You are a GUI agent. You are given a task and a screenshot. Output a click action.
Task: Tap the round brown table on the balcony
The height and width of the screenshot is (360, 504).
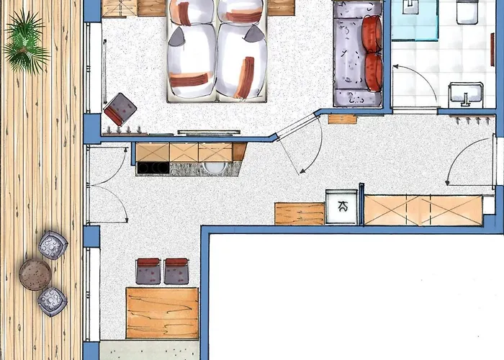pos(35,274)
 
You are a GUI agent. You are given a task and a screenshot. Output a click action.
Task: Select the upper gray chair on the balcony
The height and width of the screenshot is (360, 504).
pos(53,246)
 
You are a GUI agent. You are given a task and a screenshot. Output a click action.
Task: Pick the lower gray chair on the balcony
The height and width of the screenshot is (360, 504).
pos(52,300)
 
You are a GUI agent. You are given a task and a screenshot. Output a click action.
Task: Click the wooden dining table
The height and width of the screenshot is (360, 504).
pos(162,312)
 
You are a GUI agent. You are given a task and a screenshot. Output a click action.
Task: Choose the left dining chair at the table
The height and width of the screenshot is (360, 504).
pos(148,271)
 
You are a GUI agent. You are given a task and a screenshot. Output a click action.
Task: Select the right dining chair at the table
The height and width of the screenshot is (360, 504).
pos(176,271)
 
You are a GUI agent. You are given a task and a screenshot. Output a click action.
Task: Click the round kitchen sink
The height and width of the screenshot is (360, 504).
pos(215,168)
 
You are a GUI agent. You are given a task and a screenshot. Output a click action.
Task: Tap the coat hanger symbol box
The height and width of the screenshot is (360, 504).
pos(341,207)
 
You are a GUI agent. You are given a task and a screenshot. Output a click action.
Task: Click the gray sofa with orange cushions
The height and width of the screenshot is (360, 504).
pos(357,54)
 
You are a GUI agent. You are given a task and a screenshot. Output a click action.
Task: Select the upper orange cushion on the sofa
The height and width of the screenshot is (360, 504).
pos(372,34)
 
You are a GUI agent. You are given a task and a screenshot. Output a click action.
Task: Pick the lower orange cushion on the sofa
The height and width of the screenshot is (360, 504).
pos(374,72)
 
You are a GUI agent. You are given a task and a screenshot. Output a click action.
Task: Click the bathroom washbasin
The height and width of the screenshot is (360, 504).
pos(467,94)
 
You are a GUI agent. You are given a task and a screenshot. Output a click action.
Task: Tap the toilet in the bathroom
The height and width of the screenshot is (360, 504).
pos(468,10)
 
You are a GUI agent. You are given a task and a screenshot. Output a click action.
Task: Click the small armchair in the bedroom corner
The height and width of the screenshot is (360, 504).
pos(120,109)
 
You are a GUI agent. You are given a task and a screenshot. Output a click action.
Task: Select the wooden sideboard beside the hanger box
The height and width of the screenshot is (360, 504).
pos(299,214)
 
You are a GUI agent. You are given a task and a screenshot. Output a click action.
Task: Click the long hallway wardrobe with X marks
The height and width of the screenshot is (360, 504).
pos(423,210)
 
